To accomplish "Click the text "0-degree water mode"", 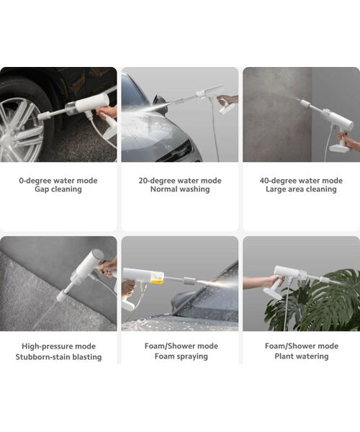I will pos(58,181).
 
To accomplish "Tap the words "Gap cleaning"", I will pos(58,190).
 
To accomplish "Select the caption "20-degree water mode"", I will pos(179,181).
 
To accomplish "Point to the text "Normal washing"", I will pos(179,190).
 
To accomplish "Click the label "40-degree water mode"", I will pos(301,181).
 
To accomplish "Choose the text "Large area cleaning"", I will pos(301,190).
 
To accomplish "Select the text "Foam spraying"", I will pos(179,357).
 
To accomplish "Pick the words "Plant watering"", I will pos(301,357).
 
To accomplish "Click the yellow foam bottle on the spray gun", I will pos(156,276).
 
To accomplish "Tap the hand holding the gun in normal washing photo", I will pos(228,100).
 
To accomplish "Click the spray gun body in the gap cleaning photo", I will pos(90,104).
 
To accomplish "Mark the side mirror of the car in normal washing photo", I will pos(160,103).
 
